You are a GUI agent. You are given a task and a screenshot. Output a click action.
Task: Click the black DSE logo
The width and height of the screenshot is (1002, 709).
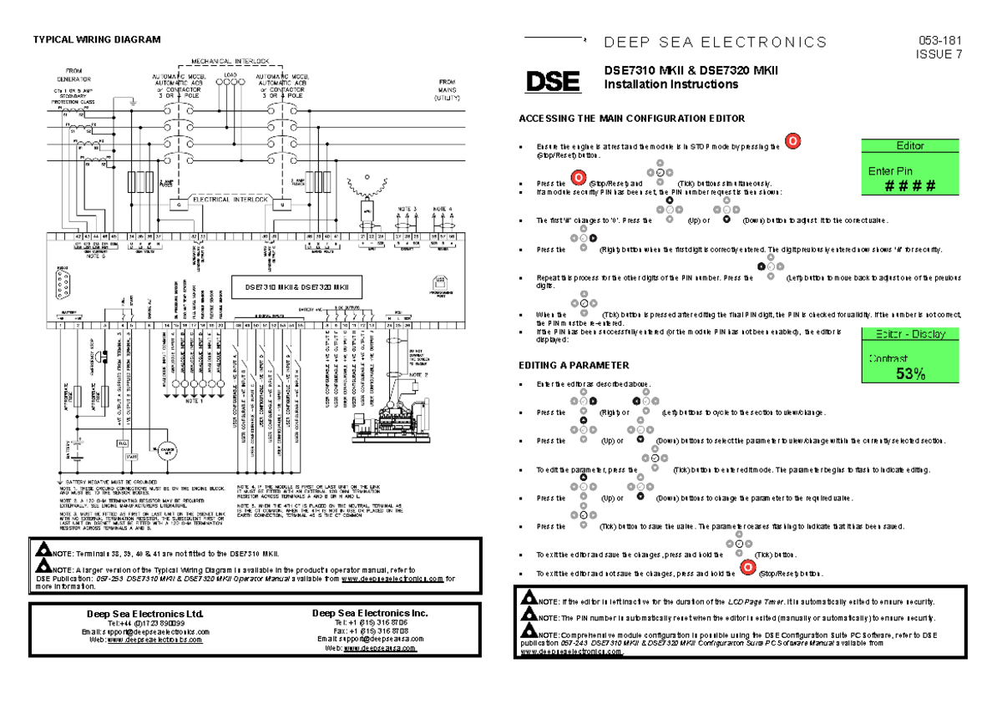552,82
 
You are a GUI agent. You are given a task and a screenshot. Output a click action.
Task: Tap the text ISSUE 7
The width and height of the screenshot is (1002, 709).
939,55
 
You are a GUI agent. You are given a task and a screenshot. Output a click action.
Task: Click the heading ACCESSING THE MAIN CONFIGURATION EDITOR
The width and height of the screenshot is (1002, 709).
631,119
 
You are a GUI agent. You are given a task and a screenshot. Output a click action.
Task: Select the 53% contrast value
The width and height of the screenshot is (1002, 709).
910,374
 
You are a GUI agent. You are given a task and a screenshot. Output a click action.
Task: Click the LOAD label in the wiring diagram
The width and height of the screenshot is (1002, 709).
231,75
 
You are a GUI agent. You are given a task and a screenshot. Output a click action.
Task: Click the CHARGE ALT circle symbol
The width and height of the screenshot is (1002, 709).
164,452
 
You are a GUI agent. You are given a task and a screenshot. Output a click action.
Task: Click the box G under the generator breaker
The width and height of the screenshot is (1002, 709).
178,204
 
